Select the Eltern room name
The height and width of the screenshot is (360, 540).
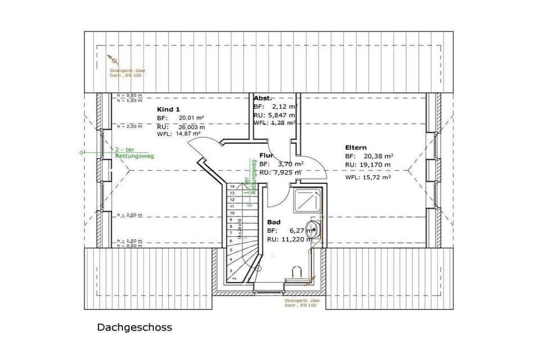(x=357, y=147)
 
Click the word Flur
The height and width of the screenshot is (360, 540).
(x=266, y=155)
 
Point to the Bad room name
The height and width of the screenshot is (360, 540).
(x=273, y=222)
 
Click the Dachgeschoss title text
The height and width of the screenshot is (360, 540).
(x=134, y=327)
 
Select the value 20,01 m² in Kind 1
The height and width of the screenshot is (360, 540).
(x=191, y=118)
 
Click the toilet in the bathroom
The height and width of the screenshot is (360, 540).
(x=298, y=273)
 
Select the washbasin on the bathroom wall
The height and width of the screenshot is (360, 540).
(x=317, y=229)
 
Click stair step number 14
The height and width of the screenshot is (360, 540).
(x=231, y=186)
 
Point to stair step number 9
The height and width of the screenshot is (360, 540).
(x=231, y=219)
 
